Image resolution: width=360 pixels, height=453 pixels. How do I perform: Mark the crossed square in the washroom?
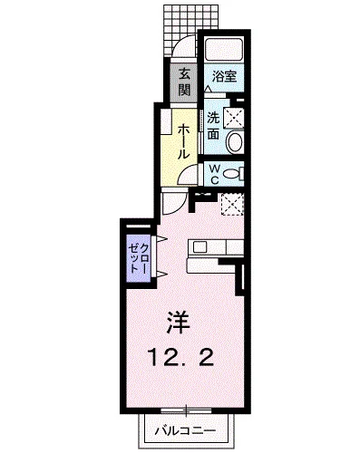coord(233,116)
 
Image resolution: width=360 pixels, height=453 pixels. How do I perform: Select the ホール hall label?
coord(183,141)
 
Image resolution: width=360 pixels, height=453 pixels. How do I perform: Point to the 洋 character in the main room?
coord(178,321)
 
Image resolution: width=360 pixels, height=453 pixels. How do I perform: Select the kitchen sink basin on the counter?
coord(201,245)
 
